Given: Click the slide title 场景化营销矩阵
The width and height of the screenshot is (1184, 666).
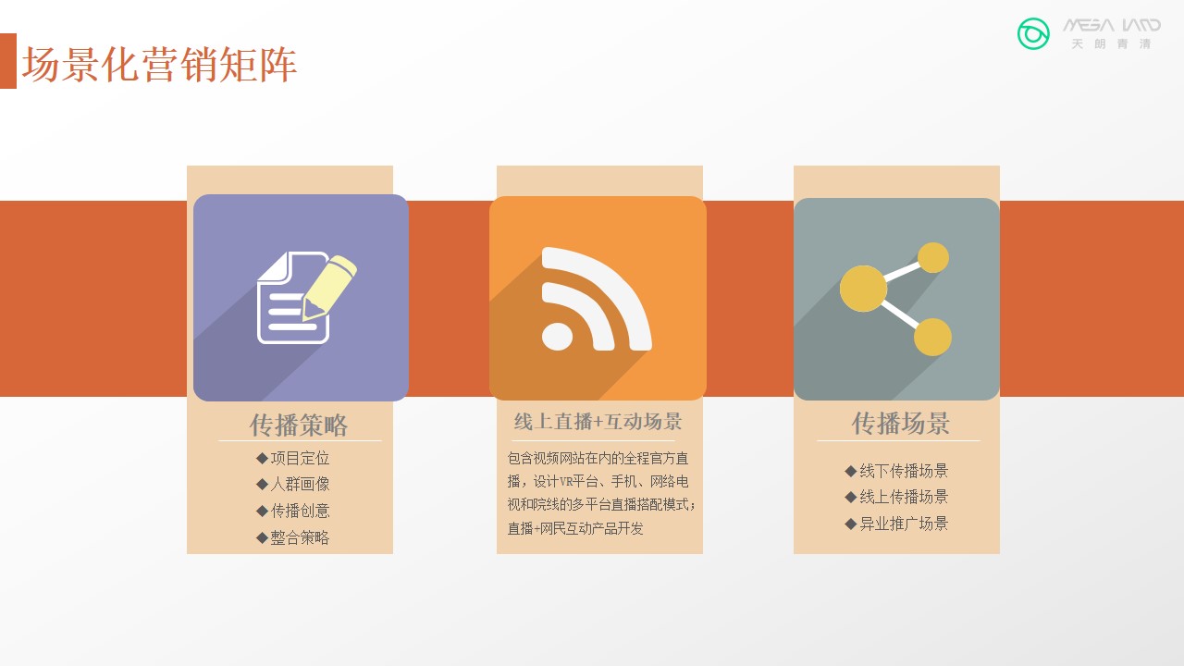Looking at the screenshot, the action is [x=159, y=65].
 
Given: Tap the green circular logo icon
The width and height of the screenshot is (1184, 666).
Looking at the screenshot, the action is [x=1033, y=34].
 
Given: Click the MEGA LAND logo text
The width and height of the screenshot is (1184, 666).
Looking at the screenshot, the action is [x=1112, y=25].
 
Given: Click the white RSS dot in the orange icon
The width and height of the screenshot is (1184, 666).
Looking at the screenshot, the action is [x=557, y=337].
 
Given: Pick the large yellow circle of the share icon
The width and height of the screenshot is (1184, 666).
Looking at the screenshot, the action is [x=863, y=289].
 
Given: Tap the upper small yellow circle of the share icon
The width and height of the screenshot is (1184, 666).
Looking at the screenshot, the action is [x=933, y=258].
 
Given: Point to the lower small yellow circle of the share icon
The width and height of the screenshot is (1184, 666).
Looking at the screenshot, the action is [x=933, y=337].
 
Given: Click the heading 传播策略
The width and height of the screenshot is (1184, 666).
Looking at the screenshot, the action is [x=299, y=425].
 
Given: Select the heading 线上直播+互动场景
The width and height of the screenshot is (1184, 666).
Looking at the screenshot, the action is [x=598, y=421].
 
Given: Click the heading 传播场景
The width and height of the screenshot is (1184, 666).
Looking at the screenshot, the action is [x=901, y=424].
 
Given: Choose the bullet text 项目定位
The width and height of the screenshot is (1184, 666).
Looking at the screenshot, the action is [x=301, y=458].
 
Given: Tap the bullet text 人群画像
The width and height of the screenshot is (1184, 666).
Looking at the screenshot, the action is [x=301, y=484].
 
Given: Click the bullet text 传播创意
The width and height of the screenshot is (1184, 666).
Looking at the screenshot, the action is [x=301, y=511].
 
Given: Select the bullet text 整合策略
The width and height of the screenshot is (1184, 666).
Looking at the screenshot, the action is [x=301, y=537].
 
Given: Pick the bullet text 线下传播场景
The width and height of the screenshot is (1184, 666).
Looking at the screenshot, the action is [x=904, y=471].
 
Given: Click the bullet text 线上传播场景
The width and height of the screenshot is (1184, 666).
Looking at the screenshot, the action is [x=904, y=497].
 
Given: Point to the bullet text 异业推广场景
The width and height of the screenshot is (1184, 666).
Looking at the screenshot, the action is [x=904, y=524].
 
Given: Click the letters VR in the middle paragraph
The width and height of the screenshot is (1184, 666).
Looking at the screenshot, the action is [x=566, y=482].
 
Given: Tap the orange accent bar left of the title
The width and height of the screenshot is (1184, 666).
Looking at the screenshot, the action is [x=8, y=61].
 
